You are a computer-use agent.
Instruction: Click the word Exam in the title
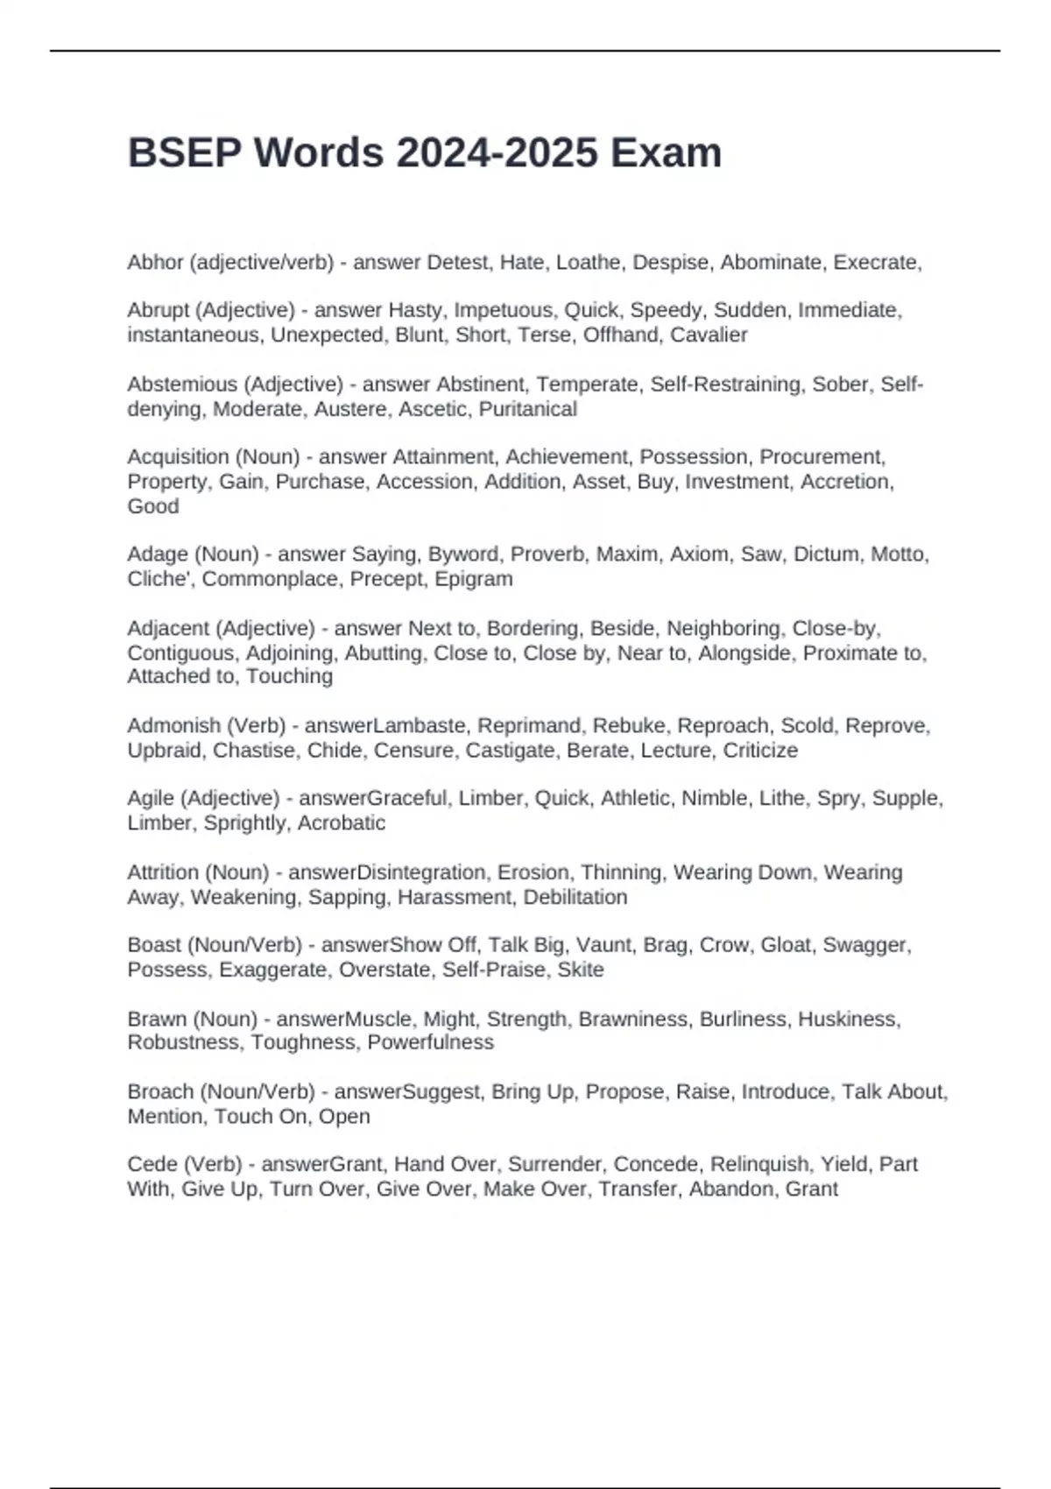(x=666, y=153)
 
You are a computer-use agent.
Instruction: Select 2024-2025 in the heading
(x=497, y=153)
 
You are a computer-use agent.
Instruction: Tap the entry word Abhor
(x=155, y=263)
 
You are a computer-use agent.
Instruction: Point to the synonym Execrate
(x=875, y=263)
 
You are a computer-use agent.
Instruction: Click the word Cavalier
(x=709, y=335)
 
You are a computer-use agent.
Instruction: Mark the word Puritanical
(x=528, y=409)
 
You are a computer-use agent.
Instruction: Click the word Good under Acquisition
(x=153, y=506)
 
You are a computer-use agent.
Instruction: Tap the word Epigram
(x=474, y=579)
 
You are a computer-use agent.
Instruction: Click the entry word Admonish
(x=172, y=726)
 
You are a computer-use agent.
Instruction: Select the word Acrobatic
(x=342, y=823)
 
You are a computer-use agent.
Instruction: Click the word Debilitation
(x=575, y=897)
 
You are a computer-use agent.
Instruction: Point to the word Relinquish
(x=758, y=1164)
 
